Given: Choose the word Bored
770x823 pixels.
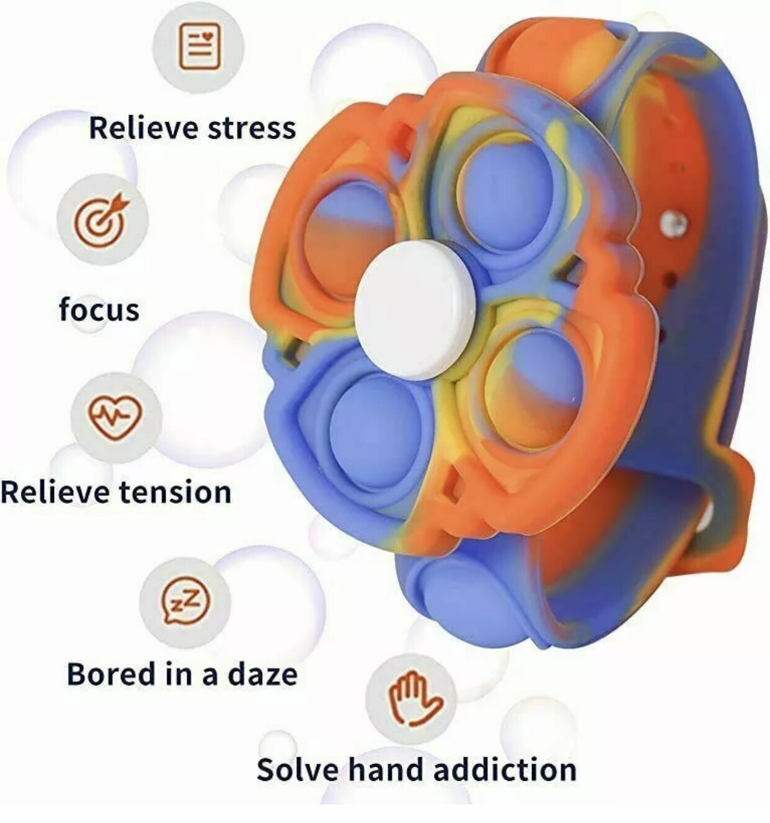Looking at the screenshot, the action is pyautogui.click(x=112, y=674).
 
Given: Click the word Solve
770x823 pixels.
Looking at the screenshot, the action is pyautogui.click(x=298, y=770).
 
